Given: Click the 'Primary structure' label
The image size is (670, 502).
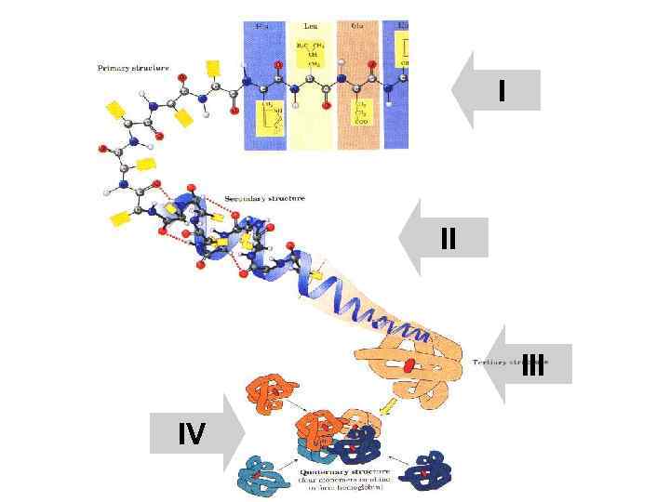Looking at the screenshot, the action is click(x=134, y=68).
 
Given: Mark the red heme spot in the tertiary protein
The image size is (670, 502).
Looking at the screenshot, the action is click(x=407, y=364).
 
